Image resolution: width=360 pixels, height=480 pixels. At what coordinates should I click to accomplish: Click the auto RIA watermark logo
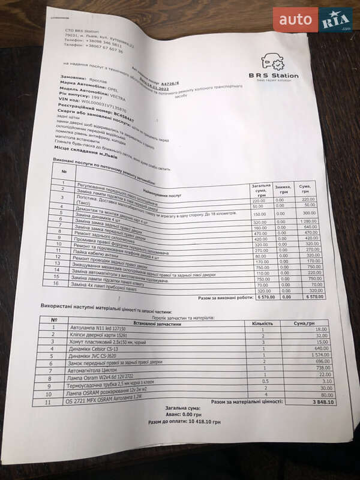(313, 20)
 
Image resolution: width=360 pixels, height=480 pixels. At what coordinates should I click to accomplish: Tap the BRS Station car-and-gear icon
(272, 62)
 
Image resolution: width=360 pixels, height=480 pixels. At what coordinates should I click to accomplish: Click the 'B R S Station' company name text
(274, 76)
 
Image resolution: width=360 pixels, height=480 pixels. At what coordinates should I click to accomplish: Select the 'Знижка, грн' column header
(283, 192)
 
